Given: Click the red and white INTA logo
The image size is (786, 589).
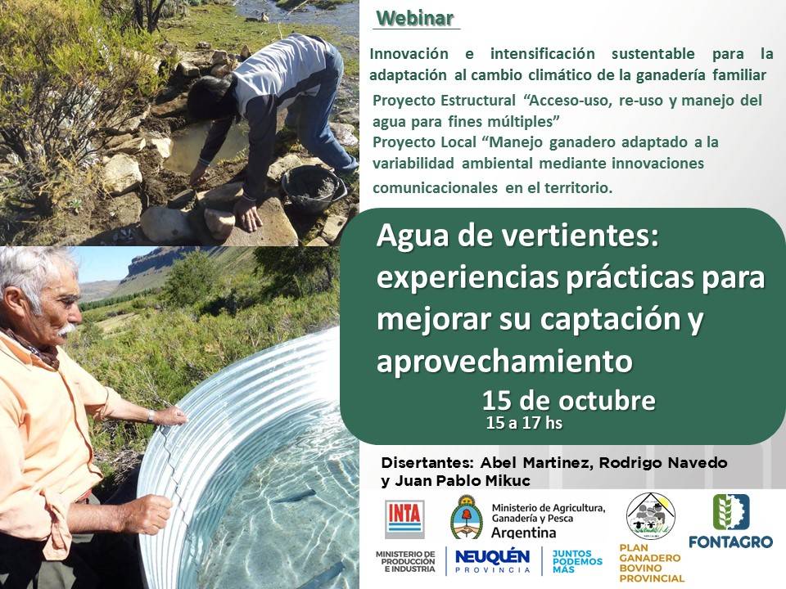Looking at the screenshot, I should [x=405, y=519].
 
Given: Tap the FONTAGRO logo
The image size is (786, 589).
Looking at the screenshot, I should [x=730, y=521].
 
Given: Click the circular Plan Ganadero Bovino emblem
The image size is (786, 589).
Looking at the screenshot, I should [x=650, y=515].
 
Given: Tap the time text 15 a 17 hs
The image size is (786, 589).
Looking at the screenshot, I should [x=524, y=424].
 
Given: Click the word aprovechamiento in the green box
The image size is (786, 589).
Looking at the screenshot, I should [x=504, y=361].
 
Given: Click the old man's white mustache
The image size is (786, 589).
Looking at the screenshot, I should [x=65, y=330].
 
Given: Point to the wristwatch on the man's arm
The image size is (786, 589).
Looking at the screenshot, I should [x=151, y=416].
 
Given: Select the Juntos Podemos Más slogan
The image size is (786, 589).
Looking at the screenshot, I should [x=577, y=560].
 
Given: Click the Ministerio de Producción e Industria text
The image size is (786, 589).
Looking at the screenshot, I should [x=404, y=560].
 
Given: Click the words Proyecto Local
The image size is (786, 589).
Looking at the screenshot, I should [x=420, y=142].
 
